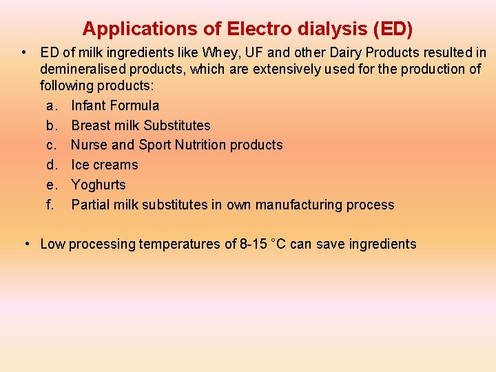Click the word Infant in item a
(88, 105)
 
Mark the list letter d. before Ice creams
(51, 165)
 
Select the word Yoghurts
(99, 185)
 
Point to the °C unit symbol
(278, 244)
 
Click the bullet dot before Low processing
(25, 244)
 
